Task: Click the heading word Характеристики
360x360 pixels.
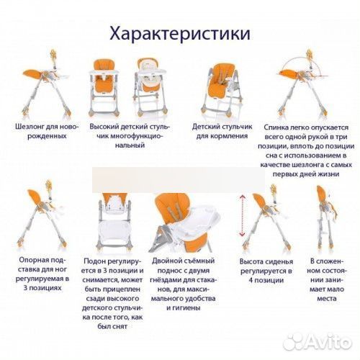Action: (179, 34)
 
